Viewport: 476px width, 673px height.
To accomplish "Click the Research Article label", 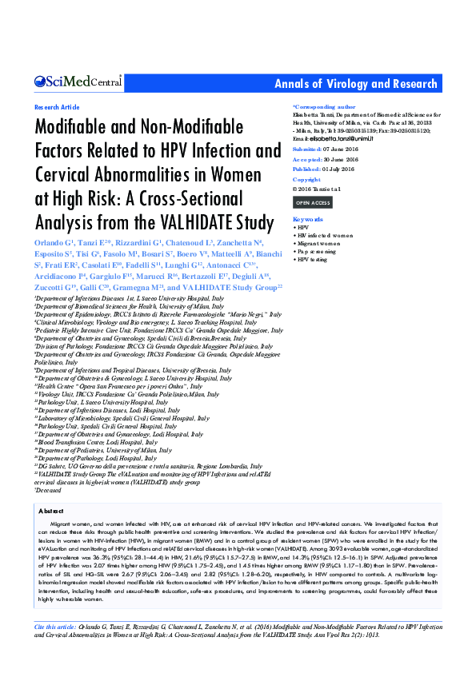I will tap(57, 107).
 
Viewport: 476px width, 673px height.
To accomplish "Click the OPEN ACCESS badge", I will tap(313, 203).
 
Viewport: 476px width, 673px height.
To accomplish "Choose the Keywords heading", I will tap(308, 219).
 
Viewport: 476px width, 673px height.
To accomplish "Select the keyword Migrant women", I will tap(322, 244).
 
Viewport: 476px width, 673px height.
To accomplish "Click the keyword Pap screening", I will tap(318, 252).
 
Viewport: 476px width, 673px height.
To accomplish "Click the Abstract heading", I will tap(50, 509).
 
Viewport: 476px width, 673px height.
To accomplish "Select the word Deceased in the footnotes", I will tap(49, 490).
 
